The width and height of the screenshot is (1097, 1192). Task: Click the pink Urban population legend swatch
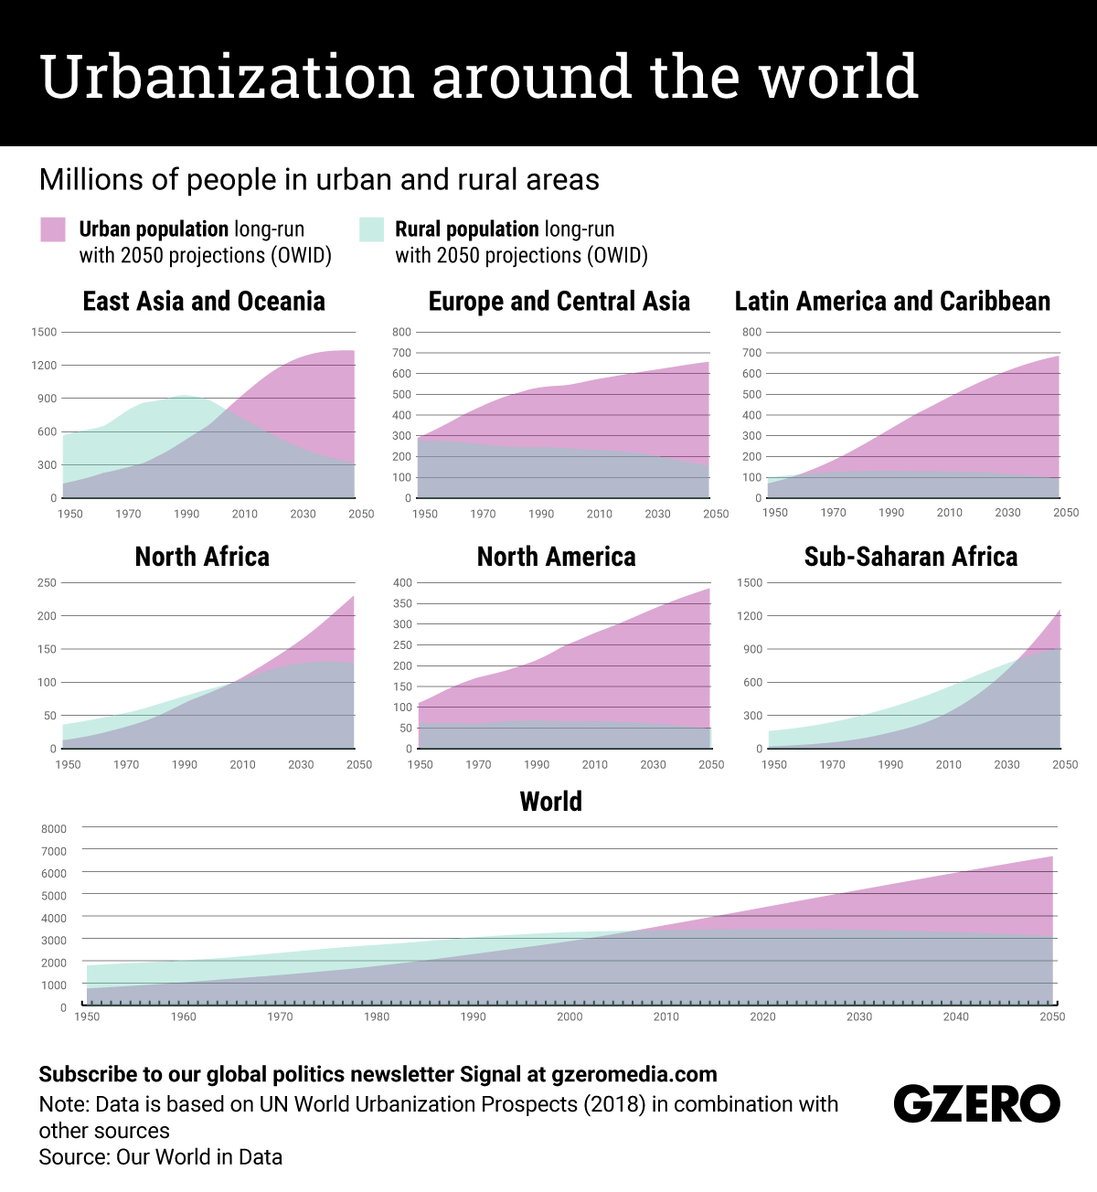53,229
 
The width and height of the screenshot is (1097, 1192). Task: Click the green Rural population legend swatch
371,229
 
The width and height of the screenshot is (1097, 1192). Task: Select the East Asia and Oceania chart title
204,302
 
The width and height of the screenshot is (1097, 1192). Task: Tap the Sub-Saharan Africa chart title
911,557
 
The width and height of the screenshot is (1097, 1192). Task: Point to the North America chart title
556,557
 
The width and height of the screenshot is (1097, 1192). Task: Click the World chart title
550,802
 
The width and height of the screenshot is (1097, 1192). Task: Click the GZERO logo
976,1104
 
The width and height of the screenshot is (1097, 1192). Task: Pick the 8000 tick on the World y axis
54,829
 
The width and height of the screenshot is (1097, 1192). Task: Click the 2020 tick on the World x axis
762,1016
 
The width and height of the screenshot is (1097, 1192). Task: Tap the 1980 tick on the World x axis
377,1016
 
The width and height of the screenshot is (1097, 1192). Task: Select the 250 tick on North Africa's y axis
47,582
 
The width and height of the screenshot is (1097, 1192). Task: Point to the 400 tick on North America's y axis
402,582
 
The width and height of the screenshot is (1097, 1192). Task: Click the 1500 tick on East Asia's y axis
44,332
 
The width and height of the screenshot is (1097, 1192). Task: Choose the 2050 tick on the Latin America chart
1066,513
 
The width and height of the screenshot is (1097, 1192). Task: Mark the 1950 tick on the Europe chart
425,514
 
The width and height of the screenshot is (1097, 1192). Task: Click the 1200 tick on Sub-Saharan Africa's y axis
750,616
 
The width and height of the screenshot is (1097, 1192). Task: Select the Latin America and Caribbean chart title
892,302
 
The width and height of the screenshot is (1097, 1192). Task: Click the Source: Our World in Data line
160,1157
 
